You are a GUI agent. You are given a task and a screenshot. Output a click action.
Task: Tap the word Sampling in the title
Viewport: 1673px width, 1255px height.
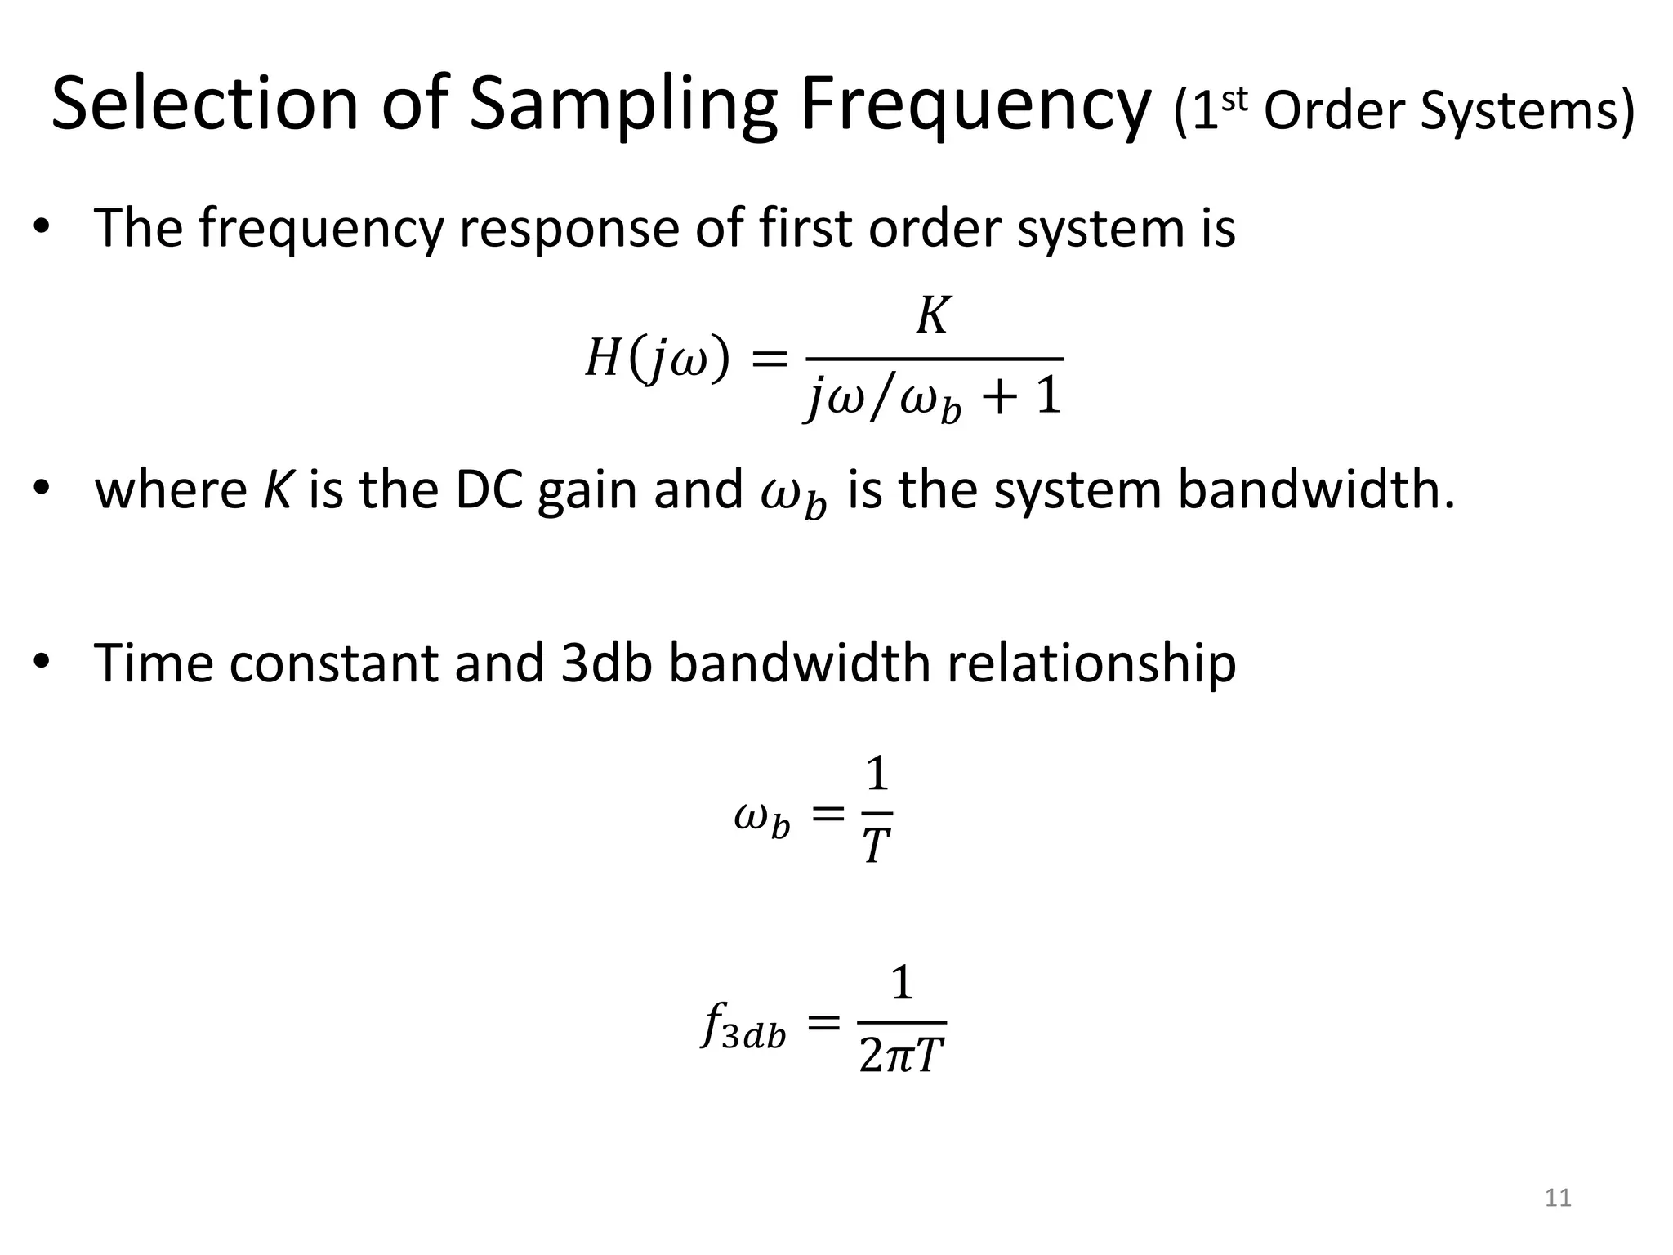[622, 105]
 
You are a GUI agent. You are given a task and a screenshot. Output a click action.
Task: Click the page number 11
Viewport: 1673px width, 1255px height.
[1558, 1198]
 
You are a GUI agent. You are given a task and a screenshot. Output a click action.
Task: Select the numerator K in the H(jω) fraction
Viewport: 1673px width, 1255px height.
[932, 315]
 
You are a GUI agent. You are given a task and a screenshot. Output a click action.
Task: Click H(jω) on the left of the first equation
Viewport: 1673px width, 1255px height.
[657, 359]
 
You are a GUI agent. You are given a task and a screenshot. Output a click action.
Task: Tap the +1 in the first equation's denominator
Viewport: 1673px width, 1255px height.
[1024, 397]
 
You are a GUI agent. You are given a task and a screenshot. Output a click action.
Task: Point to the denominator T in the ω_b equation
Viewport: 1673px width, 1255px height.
[876, 846]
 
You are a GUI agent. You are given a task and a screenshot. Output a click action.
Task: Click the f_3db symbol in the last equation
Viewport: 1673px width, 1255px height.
[743, 1026]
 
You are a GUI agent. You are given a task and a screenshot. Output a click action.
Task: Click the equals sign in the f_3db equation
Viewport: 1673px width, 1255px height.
[823, 1021]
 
